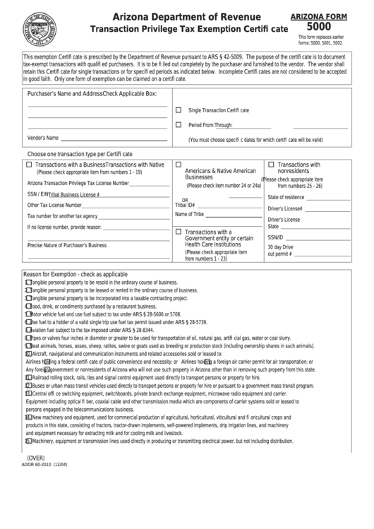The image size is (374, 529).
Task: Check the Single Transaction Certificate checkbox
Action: coord(179,110)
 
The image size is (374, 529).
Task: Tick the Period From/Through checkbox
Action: coord(179,124)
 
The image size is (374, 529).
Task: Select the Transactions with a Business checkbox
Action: coord(29,164)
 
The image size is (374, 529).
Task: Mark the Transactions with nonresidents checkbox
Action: coord(272,164)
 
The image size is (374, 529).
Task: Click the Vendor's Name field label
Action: coord(43,138)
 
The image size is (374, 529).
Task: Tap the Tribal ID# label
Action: coord(185,204)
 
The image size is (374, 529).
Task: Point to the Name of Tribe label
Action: coord(189,214)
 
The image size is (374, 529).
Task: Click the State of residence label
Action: coord(286,197)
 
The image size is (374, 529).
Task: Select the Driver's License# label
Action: coord(285,208)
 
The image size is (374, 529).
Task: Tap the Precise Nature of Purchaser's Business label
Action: coord(66,245)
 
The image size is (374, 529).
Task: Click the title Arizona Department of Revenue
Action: coord(181,16)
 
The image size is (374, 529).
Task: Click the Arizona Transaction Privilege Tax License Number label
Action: coord(78,182)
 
